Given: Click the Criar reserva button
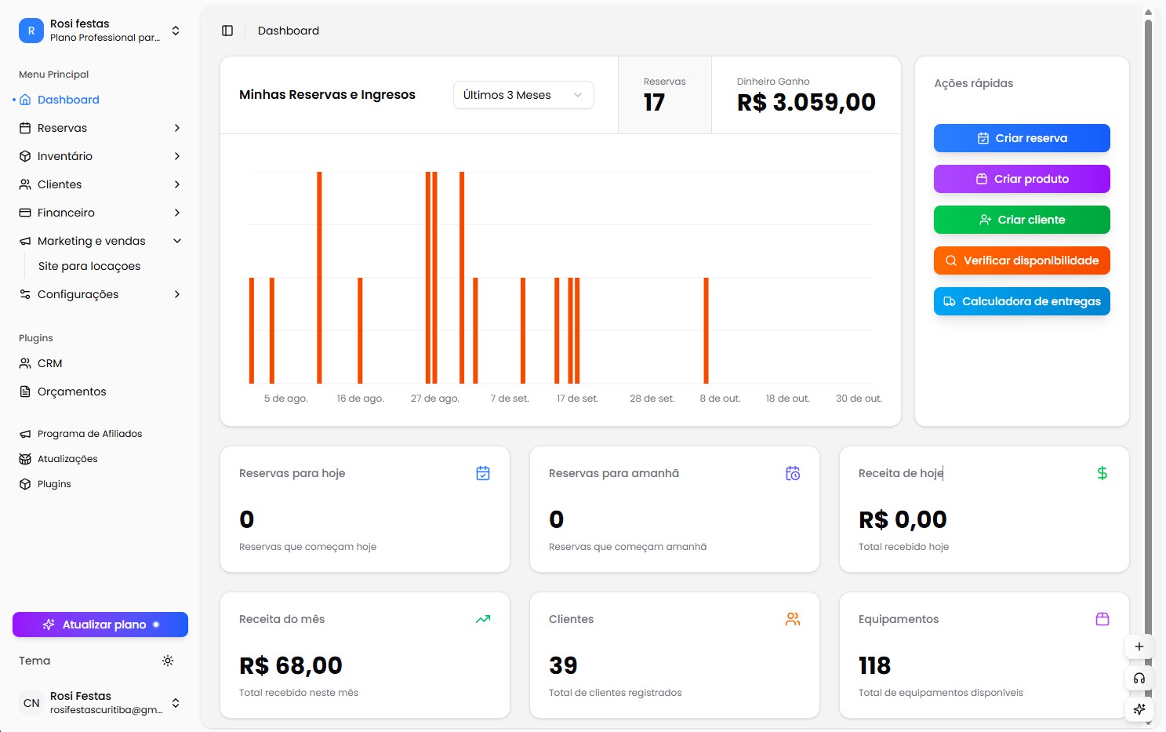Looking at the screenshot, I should pos(1021,138).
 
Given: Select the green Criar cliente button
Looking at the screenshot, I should pos(1021,220).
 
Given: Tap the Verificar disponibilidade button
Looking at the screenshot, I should pos(1021,260).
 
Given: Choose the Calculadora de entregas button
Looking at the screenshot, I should pos(1021,301).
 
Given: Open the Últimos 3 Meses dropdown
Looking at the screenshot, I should pos(523,95).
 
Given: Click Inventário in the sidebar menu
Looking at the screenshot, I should pos(65,156).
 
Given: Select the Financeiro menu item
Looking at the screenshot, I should pos(66,213).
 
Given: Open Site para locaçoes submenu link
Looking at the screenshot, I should pos(89,266).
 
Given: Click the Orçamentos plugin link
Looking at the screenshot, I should pos(71,391).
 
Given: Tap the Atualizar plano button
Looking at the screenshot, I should pos(100,625).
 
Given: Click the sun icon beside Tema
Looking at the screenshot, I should pos(168,661).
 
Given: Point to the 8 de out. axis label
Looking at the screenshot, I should pos(720,399).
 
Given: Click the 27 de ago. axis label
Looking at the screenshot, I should pos(434,399).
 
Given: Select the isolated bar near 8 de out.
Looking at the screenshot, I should pos(706,330).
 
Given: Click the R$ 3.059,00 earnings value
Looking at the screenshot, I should pos(806,103).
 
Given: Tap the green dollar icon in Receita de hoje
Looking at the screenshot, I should pos(1102,473).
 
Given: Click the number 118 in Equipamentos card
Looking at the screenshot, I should pos(874,666).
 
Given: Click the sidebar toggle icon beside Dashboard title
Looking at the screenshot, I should pos(227,31).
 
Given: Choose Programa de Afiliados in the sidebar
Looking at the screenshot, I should pos(89,434).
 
